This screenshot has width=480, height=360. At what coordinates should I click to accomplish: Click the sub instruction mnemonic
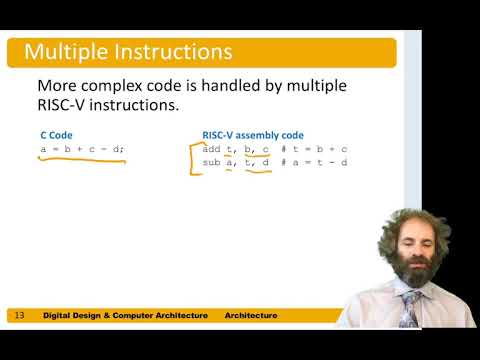click(210, 162)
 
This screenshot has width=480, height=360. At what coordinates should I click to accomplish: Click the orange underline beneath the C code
click(80, 159)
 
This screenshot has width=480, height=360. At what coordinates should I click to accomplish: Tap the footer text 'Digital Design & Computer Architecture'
click(125, 316)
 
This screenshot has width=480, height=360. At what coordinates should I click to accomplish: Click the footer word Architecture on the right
click(250, 316)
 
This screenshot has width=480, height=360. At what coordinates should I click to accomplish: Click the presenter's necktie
click(409, 306)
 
